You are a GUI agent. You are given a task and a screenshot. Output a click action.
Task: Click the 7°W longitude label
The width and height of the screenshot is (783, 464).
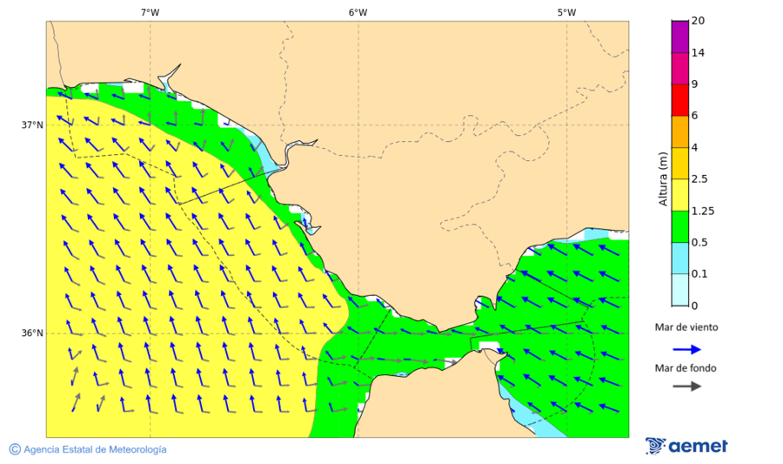pyautogui.click(x=150, y=12)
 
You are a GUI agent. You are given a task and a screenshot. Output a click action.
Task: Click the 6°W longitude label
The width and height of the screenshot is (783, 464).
pyautogui.click(x=358, y=12)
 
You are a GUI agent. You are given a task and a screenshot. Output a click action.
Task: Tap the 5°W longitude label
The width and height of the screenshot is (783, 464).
pyautogui.click(x=566, y=12)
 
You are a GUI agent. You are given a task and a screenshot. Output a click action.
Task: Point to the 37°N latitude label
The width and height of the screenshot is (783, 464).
pyautogui.click(x=32, y=124)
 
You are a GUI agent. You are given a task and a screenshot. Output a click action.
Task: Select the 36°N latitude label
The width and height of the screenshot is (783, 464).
pyautogui.click(x=32, y=333)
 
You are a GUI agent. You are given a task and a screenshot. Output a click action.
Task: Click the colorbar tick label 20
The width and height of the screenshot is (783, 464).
pyautogui.click(x=697, y=21)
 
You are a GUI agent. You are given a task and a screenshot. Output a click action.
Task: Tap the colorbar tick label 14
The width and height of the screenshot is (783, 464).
pyautogui.click(x=697, y=53)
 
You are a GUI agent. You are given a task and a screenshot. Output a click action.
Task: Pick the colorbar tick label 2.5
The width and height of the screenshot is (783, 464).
pyautogui.click(x=699, y=179)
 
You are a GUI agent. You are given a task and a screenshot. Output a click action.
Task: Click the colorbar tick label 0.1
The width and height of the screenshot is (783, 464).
pyautogui.click(x=699, y=274)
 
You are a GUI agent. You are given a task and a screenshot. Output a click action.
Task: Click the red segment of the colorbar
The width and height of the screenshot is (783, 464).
pyautogui.click(x=679, y=100)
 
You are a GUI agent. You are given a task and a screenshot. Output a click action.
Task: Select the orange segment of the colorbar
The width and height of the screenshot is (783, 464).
pyautogui.click(x=679, y=131)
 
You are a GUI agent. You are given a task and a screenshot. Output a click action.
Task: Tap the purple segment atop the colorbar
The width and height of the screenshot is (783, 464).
pyautogui.click(x=679, y=37)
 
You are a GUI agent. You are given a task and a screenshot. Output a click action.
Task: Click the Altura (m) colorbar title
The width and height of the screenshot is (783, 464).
pyautogui.click(x=663, y=179)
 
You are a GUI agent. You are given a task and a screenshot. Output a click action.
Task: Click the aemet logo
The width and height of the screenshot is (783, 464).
pyautogui.click(x=686, y=446)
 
